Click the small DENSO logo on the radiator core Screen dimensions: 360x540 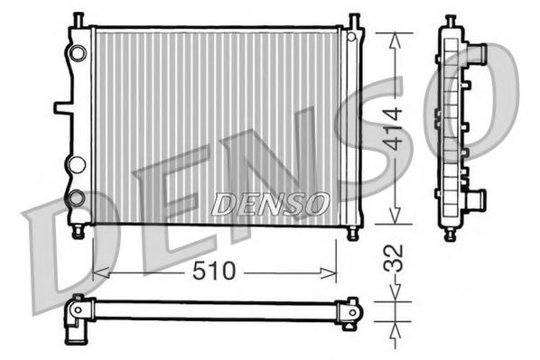(x=270, y=205)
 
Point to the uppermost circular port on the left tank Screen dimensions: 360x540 (x=78, y=52)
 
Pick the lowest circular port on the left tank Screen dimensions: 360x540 (x=77, y=197)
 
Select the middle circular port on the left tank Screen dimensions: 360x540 (x=77, y=165)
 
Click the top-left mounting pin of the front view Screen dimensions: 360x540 (x=79, y=19)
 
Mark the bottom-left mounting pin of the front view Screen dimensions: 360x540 (x=79, y=232)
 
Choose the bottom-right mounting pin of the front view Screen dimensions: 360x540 (x=353, y=232)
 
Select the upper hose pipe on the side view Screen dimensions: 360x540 (x=475, y=53)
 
